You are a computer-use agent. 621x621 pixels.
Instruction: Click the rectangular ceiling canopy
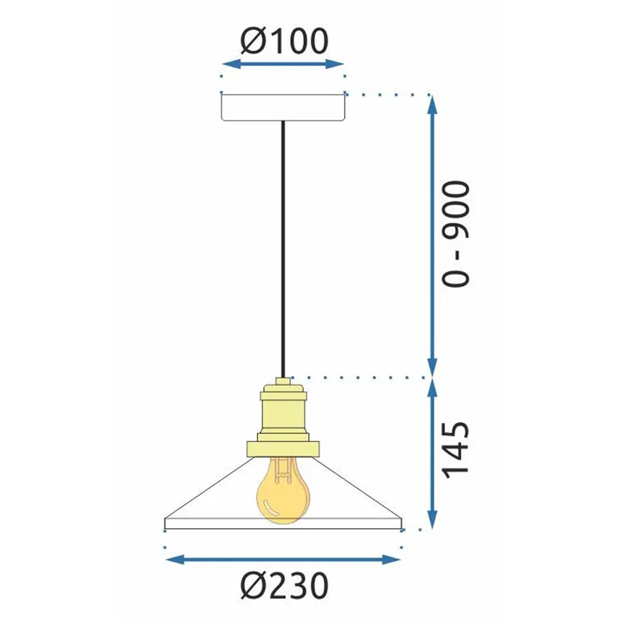pyautogui.click(x=283, y=107)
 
